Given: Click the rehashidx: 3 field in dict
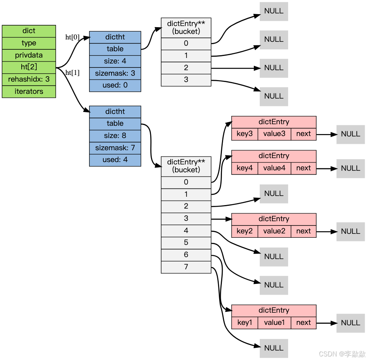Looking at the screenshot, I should [29, 79].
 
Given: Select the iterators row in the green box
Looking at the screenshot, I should [29, 91].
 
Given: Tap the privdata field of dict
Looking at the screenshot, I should [29, 55].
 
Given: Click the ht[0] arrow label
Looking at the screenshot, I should [72, 37].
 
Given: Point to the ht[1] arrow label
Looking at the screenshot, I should [72, 73].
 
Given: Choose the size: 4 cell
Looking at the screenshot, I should [115, 61].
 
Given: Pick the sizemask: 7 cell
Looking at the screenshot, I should [115, 148].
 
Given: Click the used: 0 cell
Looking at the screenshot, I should [115, 85].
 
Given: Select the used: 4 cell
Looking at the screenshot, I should [115, 160].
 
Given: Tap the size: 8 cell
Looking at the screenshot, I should [115, 136].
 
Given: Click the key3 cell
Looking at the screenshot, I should [244, 134].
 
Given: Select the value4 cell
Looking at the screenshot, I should [274, 168].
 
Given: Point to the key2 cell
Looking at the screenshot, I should [244, 231].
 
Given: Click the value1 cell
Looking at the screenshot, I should [274, 323].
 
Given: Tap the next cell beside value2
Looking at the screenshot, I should [304, 231].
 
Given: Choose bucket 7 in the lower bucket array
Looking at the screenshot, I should [186, 267].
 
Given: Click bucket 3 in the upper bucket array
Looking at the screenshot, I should [186, 80].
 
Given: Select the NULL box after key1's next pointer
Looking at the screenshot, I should [350, 323].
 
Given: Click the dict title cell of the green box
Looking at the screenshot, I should [29, 31].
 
